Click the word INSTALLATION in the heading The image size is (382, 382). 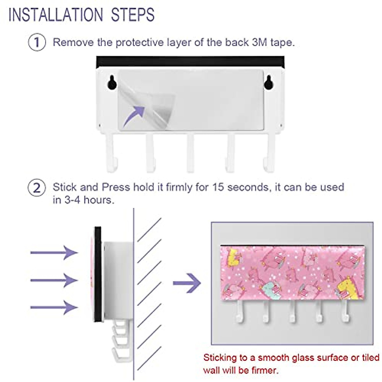pos(56,15)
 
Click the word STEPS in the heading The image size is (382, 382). pos(133,15)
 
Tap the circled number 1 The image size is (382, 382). pos(37,42)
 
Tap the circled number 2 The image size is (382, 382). pos(37,188)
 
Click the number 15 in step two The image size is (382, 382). pos(218,187)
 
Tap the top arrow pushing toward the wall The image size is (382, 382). pos(54,253)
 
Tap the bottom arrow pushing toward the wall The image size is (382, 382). pos(54,308)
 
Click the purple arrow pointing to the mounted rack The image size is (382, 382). pos(187,283)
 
